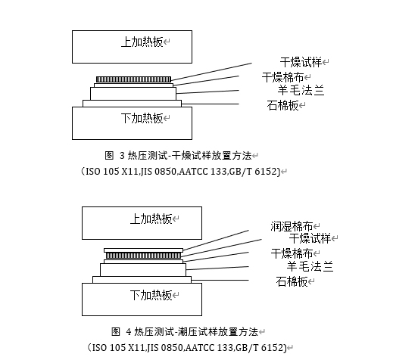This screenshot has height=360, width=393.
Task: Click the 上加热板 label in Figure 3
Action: pos(142,42)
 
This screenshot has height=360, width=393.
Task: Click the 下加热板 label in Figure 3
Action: pos(142,118)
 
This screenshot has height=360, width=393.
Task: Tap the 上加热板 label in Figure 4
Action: pos(151,219)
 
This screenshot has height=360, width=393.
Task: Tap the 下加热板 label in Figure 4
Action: pos(151,295)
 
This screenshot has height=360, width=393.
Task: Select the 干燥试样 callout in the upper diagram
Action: pos(301,62)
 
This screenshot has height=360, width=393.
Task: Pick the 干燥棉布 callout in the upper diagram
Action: pos(282,77)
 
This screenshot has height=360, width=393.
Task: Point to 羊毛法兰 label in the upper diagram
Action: pos(301,90)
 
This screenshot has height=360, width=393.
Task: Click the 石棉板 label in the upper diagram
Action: pos(282,105)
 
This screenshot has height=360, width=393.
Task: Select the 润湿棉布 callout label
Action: pos(292,226)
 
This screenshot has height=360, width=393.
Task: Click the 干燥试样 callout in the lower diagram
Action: pos(310,238)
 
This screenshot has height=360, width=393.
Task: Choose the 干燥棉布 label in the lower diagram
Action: pos(292,253)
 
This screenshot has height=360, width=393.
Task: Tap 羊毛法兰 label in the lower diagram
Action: pos(310,266)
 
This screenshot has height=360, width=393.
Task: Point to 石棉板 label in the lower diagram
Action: pos(292,281)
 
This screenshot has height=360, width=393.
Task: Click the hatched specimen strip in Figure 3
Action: pos(133,79)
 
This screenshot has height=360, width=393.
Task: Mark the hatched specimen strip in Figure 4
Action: pos(143,256)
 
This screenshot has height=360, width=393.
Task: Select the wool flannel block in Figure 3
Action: pos(133,94)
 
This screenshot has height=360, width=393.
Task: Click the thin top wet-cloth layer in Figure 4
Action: pos(143,250)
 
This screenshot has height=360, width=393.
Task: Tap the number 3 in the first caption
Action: pos(122,156)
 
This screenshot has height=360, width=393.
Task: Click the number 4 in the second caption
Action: pos(129,331)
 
